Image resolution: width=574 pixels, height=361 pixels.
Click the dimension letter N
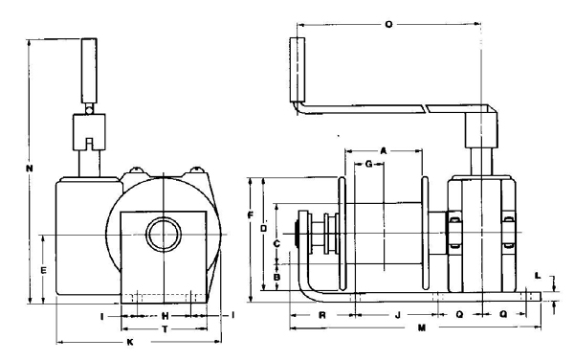point(30,169)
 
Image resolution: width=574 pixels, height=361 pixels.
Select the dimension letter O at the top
point(388,25)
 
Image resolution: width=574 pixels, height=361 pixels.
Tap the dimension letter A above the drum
point(384,151)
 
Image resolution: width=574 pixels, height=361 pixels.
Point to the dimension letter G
point(368,164)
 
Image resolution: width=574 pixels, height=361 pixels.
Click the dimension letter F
point(251,215)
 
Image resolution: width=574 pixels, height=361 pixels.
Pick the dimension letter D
point(264,228)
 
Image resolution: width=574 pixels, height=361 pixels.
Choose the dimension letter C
point(277,244)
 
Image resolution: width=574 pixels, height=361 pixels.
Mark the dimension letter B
point(277,277)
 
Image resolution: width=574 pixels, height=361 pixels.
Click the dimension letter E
point(43,270)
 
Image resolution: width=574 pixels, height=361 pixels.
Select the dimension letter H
point(166,316)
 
